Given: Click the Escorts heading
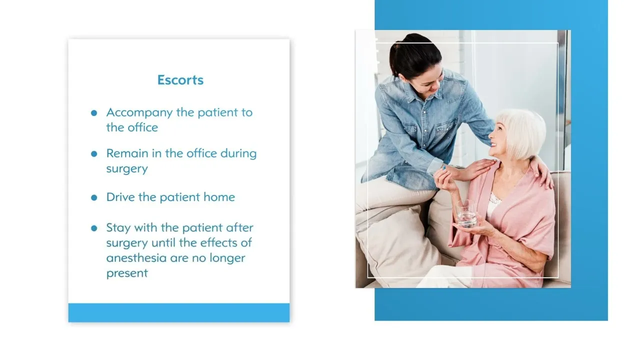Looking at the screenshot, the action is [180, 80].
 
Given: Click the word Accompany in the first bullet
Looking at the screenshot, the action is [139, 113].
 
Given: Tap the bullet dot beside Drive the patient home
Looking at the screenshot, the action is [94, 197].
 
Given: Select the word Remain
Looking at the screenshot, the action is [127, 153].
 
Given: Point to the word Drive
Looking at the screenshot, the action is [120, 197].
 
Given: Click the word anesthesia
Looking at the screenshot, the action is [136, 258].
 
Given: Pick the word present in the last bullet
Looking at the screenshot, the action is [127, 273].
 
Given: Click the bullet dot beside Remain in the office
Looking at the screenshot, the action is [94, 154].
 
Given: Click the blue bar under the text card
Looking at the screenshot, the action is [179, 313].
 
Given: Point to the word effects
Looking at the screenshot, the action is [218, 243].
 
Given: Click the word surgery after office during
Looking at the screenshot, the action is [127, 169].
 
